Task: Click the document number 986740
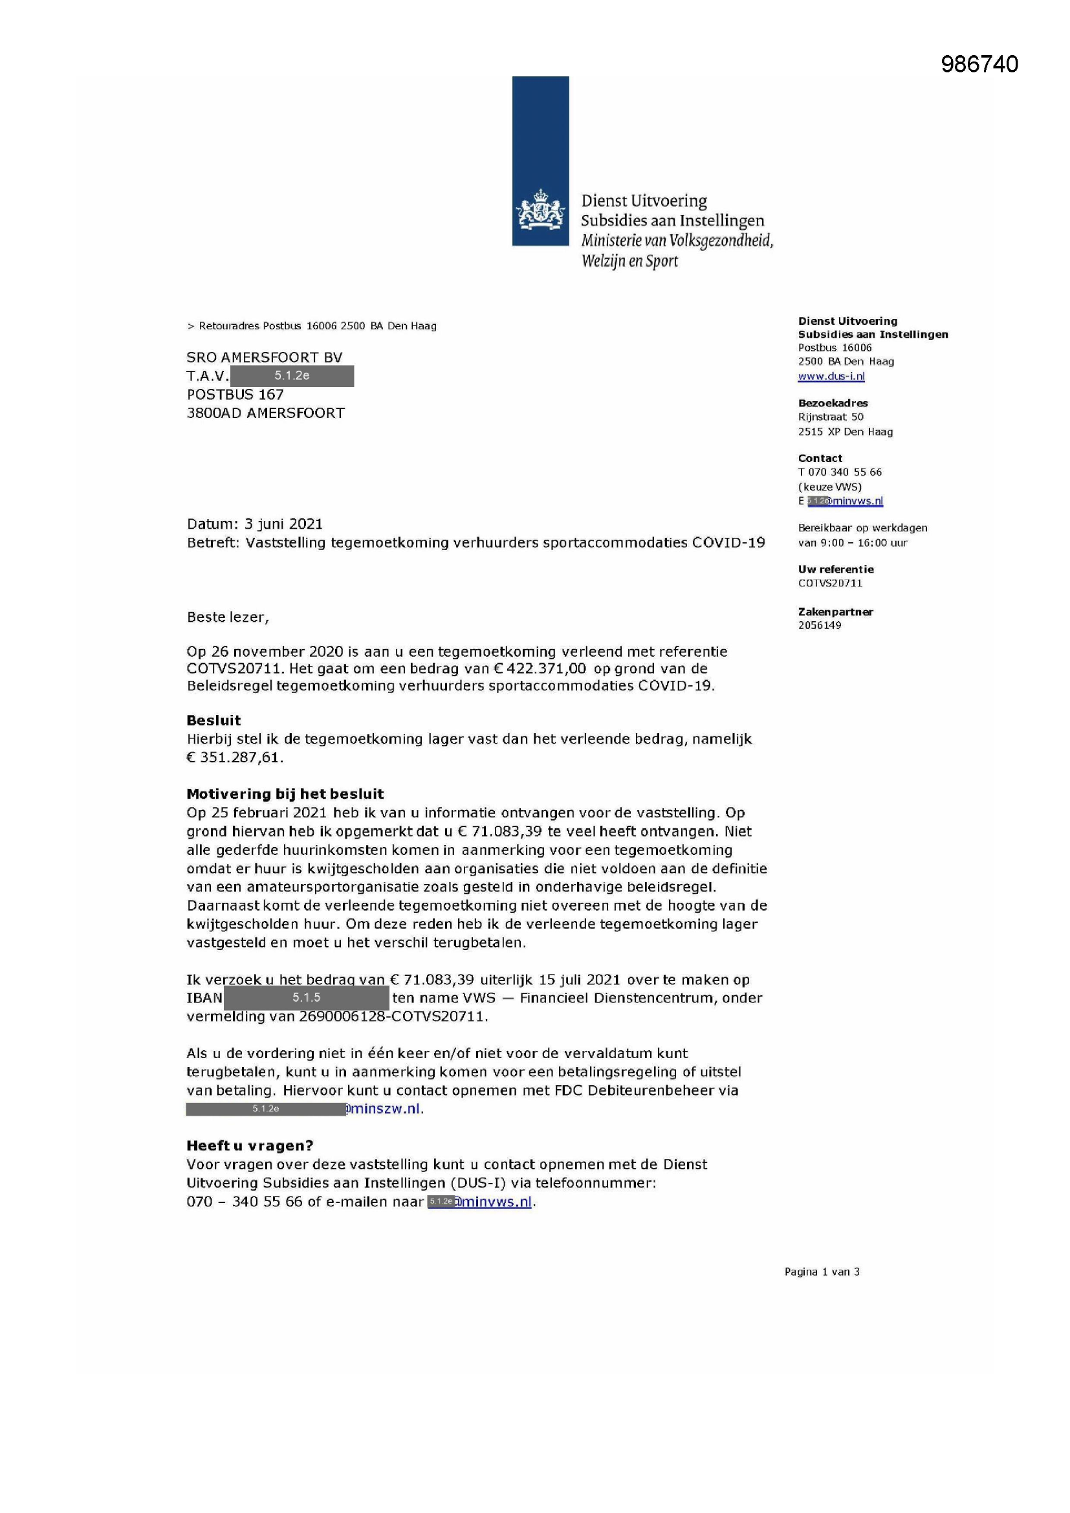[979, 64]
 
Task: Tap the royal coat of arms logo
[540, 209]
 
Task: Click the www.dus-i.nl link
[831, 376]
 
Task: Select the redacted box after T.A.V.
[292, 375]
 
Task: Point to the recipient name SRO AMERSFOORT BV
[264, 357]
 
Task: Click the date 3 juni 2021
[283, 524]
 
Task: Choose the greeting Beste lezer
[228, 617]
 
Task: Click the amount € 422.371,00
[540, 668]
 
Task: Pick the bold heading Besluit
[213, 720]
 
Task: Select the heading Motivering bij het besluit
[285, 794]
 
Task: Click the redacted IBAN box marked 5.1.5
[307, 998]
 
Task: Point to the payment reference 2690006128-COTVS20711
[393, 1016]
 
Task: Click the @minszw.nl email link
[384, 1109]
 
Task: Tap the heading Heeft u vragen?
[250, 1145]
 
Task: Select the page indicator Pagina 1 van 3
[822, 1272]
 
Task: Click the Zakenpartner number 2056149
[820, 625]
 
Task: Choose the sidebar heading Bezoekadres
[833, 403]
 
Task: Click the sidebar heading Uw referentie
[835, 569]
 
